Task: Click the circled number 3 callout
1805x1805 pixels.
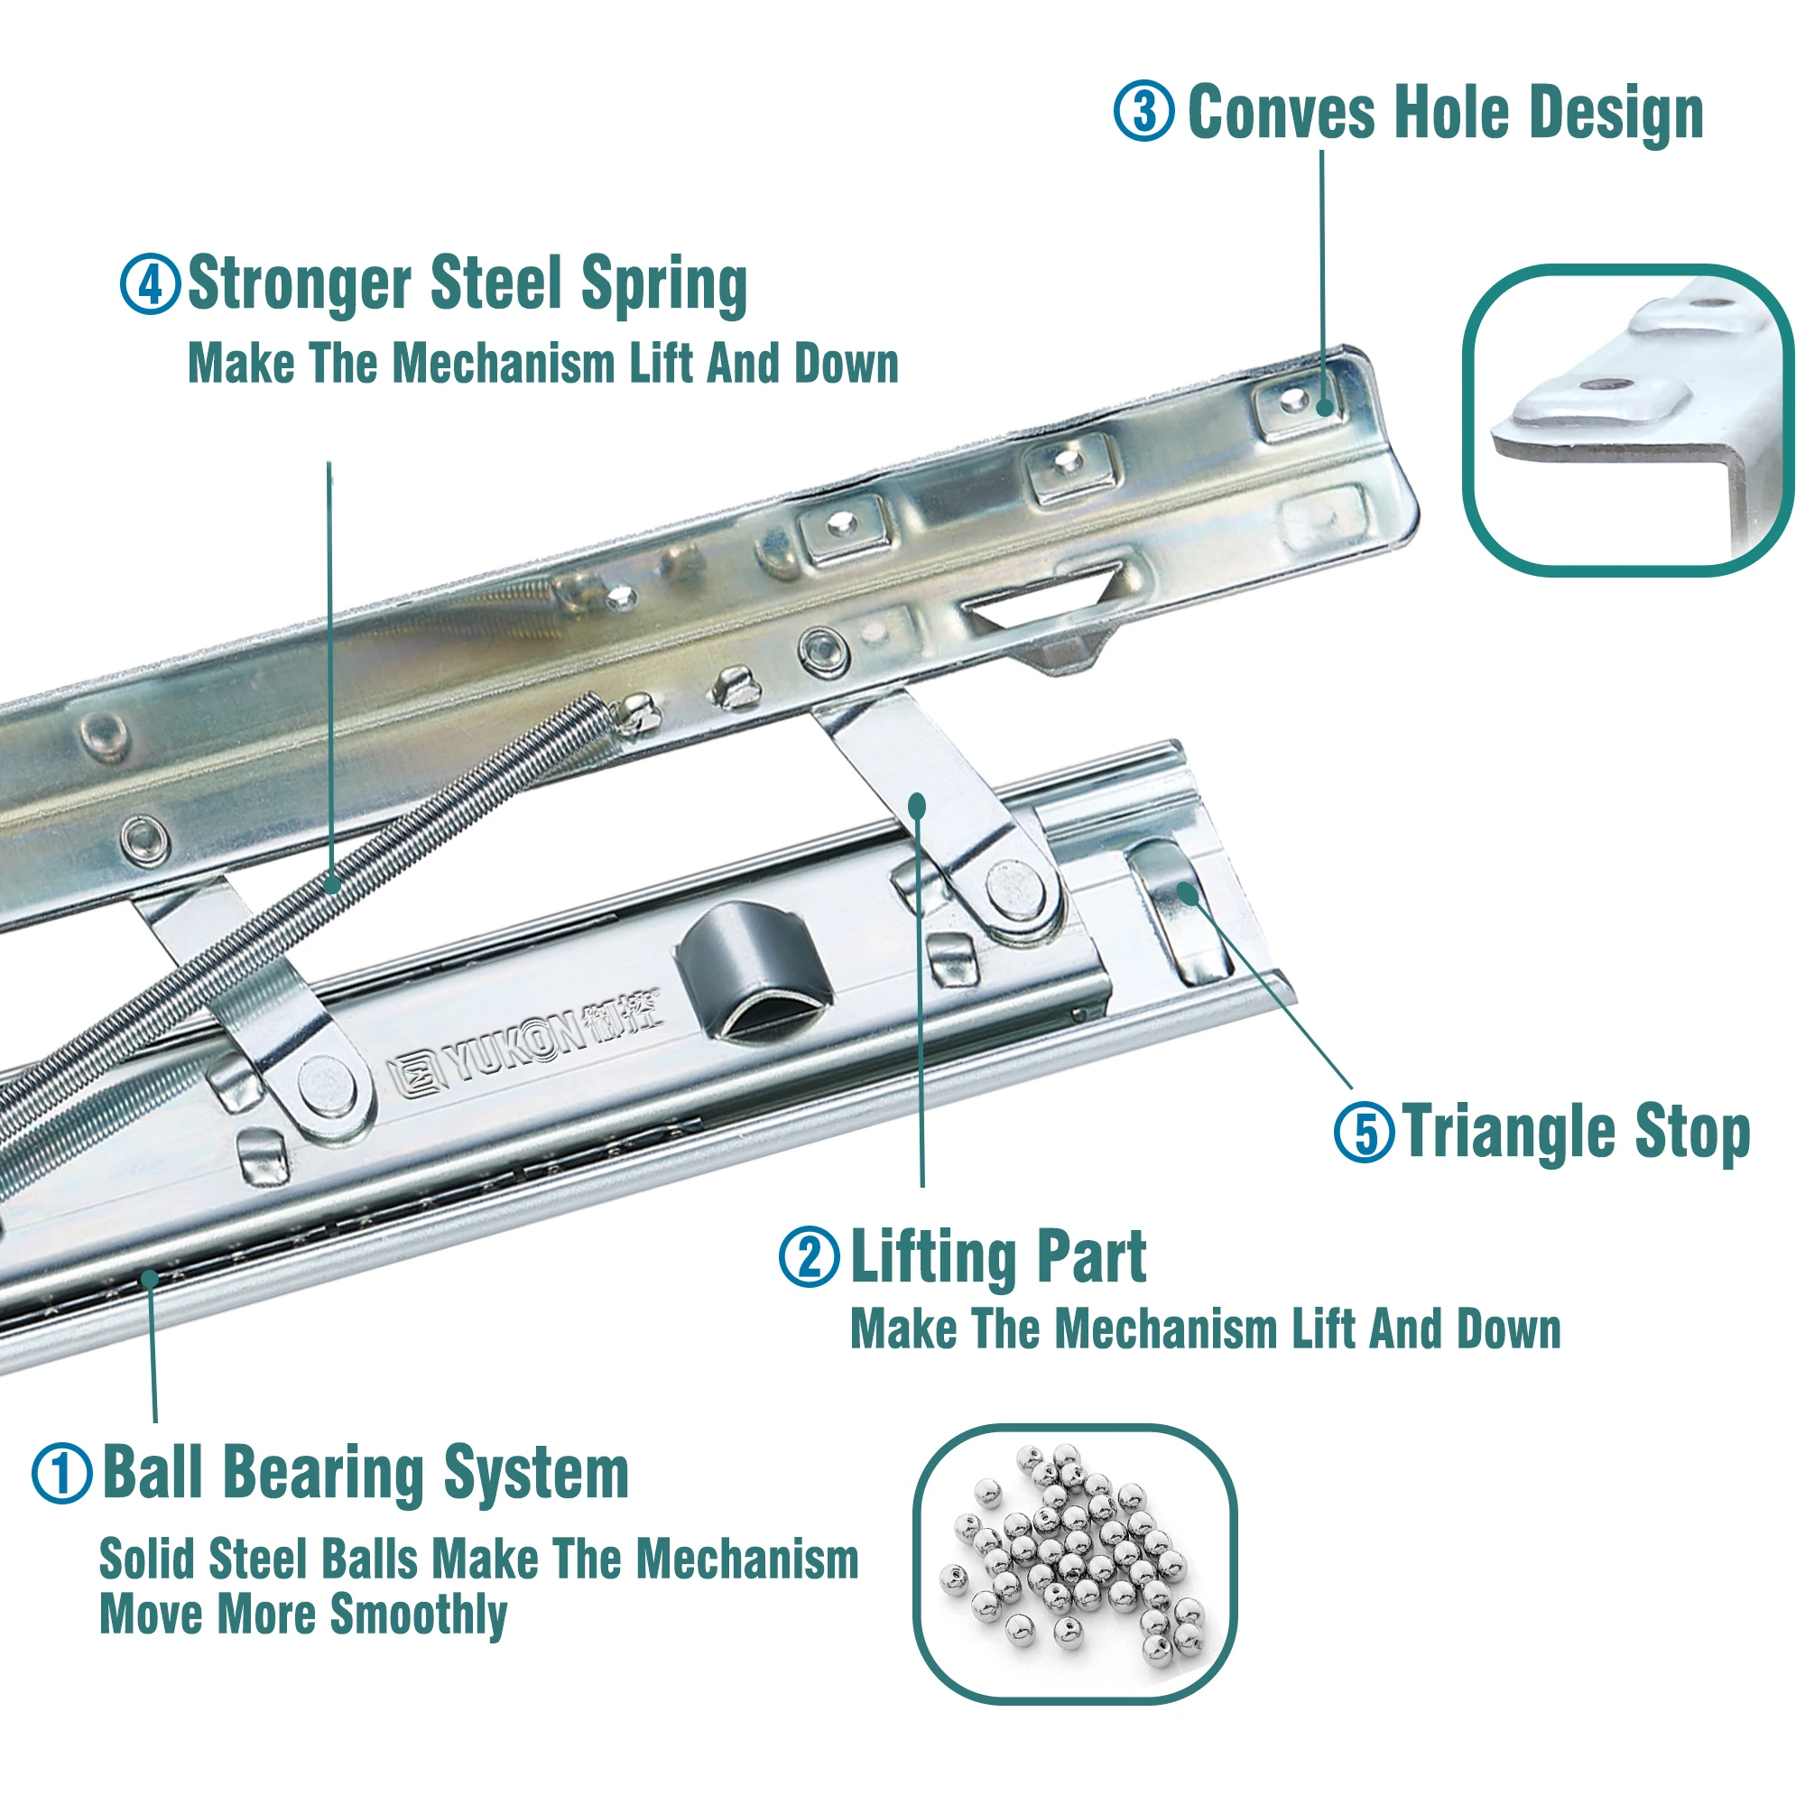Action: click(1143, 111)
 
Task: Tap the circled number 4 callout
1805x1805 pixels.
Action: click(150, 284)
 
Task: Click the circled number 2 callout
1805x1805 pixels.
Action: click(809, 1256)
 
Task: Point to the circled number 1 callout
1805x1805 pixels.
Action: click(61, 1474)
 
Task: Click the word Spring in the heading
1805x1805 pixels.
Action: click(663, 284)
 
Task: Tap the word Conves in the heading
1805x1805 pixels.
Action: click(1281, 112)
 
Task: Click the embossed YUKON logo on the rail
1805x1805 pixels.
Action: click(523, 1046)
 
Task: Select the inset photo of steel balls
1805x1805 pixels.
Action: click(1074, 1564)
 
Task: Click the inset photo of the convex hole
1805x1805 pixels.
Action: click(1626, 421)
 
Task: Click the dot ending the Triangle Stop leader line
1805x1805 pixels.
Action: click(1188, 893)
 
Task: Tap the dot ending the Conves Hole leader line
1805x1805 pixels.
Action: click(1325, 407)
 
